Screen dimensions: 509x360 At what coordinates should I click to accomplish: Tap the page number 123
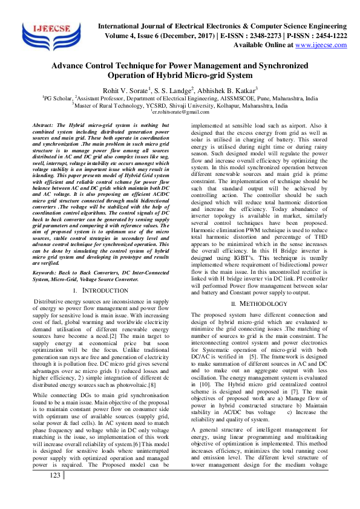(x=56, y=492)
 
